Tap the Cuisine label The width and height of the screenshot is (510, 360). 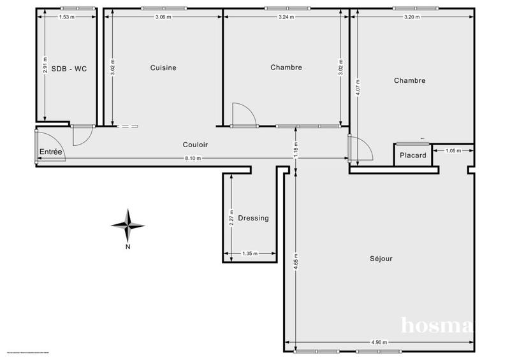tap(163, 68)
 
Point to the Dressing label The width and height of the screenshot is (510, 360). tap(253, 218)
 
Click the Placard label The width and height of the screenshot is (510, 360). tap(412, 155)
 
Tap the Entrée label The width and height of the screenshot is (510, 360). tap(51, 151)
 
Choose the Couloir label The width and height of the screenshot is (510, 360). tap(194, 145)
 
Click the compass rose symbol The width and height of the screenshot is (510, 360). tap(128, 225)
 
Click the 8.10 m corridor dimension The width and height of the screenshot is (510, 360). tap(193, 158)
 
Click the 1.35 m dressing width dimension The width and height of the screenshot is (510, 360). tap(250, 254)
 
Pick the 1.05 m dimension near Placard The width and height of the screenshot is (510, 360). tap(453, 151)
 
